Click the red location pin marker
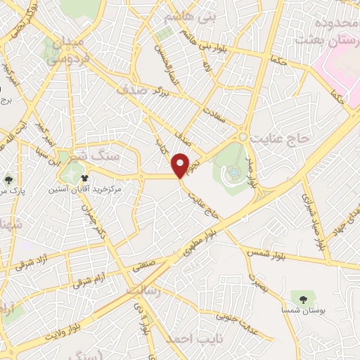point(182,165)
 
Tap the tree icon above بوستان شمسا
point(303,299)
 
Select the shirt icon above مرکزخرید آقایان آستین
point(85,179)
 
